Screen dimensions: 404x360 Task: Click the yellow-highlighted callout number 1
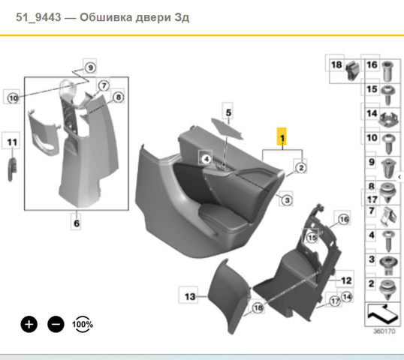point(282,136)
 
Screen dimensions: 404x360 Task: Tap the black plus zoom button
point(29,324)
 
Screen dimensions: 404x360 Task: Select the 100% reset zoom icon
point(83,324)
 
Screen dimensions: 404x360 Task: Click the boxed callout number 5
point(228,112)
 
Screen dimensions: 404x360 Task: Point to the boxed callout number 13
point(190,296)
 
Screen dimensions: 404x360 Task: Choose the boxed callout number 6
point(77,223)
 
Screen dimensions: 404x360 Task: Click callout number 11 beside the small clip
point(12,142)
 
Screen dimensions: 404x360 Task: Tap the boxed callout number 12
point(346,280)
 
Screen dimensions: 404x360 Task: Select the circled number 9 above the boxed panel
point(90,67)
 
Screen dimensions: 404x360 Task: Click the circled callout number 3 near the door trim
point(287,199)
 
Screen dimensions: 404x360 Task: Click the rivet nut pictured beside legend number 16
point(387,71)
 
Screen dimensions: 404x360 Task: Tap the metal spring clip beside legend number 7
point(386,216)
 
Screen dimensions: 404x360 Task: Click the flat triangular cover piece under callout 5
point(227,128)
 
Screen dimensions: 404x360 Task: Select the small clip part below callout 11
point(12,169)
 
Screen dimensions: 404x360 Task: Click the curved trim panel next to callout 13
point(228,296)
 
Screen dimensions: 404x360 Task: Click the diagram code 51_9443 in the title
point(38,17)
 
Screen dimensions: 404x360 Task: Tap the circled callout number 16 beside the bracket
point(343,219)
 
